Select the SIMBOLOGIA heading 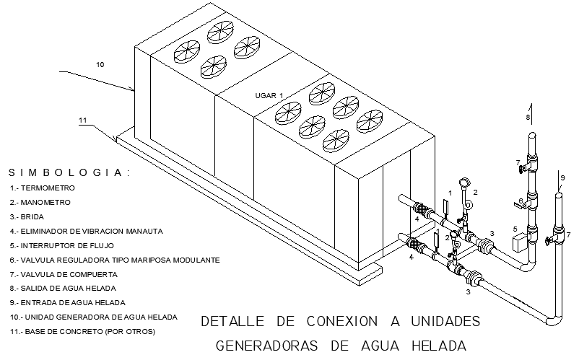click(x=69, y=173)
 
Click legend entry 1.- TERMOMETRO click(x=43, y=188)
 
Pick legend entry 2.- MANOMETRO click(x=40, y=202)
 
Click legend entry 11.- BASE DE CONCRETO click(x=82, y=332)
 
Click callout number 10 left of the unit click(x=100, y=65)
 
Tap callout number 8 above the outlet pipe click(x=528, y=116)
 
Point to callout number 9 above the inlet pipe click(x=562, y=177)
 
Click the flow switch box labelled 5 click(x=518, y=242)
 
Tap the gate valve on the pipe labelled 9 click(x=551, y=240)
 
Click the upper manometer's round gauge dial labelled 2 click(x=463, y=183)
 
